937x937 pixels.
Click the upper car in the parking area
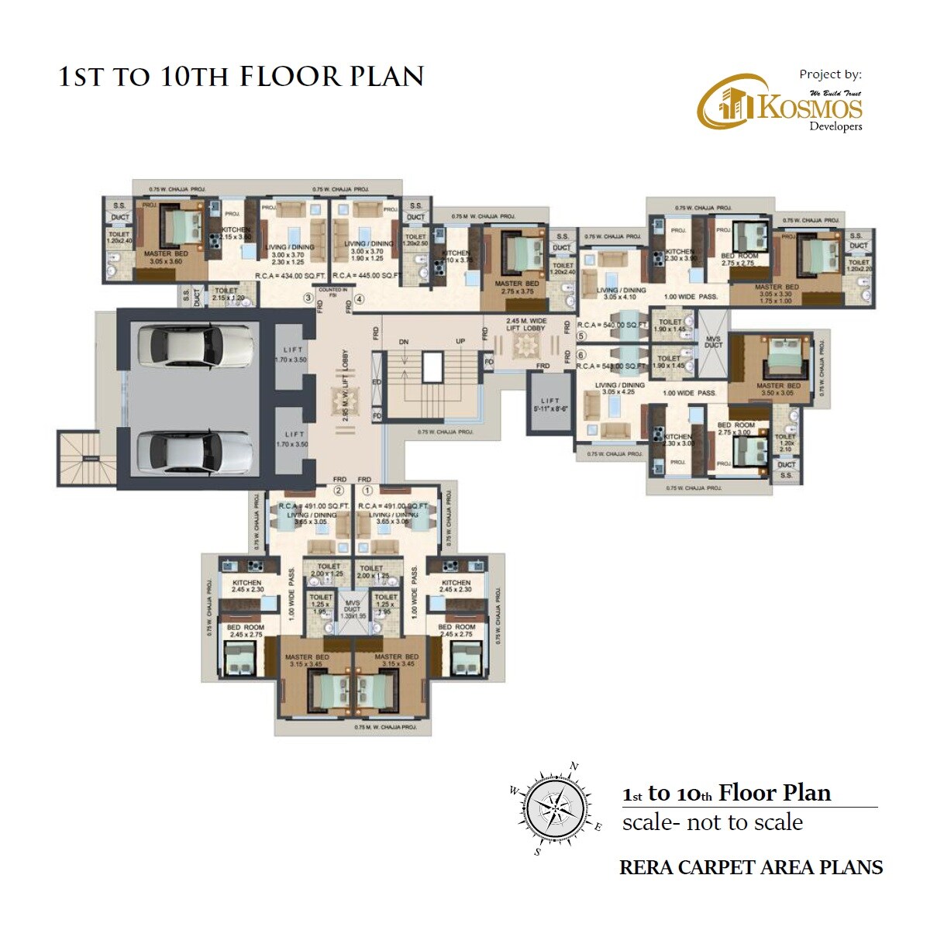pyautogui.click(x=194, y=344)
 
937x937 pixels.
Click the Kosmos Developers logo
pyautogui.click(x=779, y=103)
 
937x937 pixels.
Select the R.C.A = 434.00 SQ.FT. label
pyautogui.click(x=291, y=275)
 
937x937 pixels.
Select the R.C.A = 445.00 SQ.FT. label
pyautogui.click(x=366, y=275)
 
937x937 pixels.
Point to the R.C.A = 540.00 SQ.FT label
pyautogui.click(x=612, y=326)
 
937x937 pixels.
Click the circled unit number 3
pyautogui.click(x=308, y=298)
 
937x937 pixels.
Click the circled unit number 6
pyautogui.click(x=581, y=355)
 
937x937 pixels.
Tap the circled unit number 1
pyautogui.click(x=367, y=491)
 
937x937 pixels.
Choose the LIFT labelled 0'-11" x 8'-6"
pyautogui.click(x=550, y=404)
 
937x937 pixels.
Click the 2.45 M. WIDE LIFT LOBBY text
pyautogui.click(x=526, y=324)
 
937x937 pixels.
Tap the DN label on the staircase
pyautogui.click(x=404, y=342)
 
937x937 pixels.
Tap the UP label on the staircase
pyautogui.click(x=460, y=342)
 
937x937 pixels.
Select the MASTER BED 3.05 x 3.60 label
pyautogui.click(x=165, y=257)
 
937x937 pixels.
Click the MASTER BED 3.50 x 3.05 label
pyautogui.click(x=777, y=389)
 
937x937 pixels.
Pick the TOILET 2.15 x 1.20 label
pyautogui.click(x=228, y=295)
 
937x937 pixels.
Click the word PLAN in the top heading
pyautogui.click(x=386, y=77)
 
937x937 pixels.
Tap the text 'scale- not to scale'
pyautogui.click(x=712, y=822)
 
